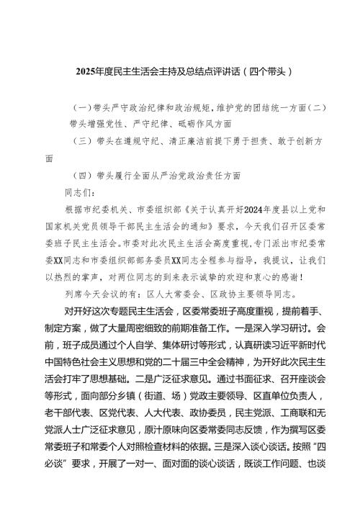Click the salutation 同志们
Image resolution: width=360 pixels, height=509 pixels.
coord(81,192)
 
